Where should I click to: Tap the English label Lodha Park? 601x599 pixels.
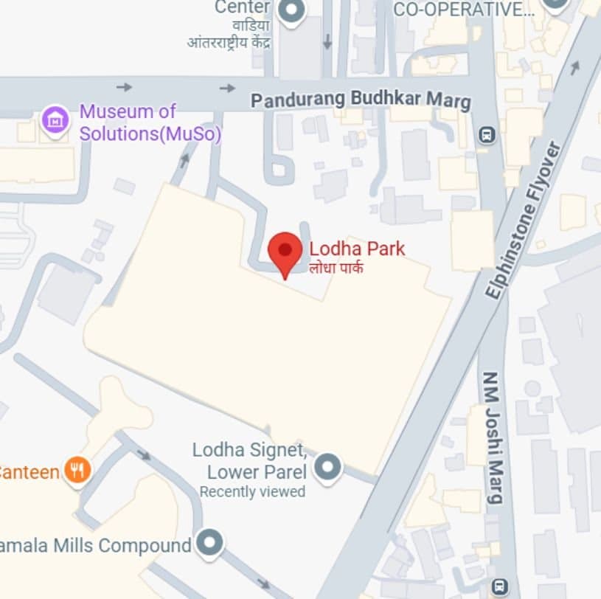point(357,249)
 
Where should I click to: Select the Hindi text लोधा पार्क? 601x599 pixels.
point(336,267)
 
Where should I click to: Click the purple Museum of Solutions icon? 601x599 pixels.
point(55,119)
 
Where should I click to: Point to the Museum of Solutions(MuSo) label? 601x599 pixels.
point(150,123)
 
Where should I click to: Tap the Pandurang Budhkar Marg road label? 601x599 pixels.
point(360,100)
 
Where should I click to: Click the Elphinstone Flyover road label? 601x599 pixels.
point(524,220)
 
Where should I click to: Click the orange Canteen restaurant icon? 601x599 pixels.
point(77,470)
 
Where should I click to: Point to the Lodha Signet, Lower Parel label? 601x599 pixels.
point(249,460)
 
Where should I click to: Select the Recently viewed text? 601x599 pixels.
point(252,491)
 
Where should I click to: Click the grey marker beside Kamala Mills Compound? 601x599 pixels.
point(211,544)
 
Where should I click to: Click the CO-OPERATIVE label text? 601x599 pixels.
point(464,9)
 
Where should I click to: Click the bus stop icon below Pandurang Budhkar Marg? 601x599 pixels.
point(487,135)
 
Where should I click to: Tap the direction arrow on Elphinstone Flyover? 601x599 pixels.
point(574,67)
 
